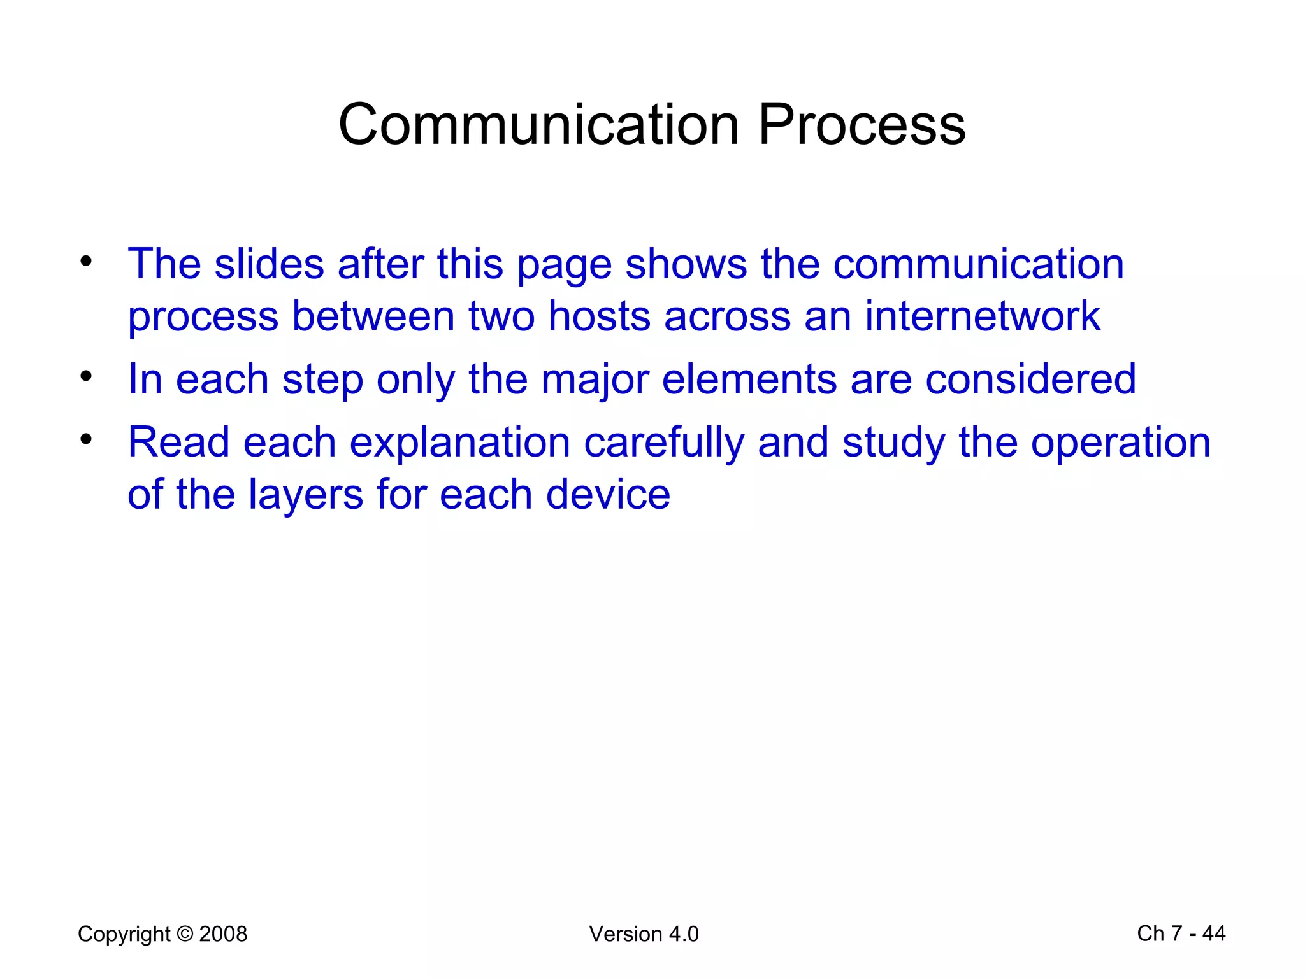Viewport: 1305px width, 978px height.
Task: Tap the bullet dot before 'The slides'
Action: [86, 261]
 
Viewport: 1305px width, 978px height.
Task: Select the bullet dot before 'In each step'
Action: [86, 376]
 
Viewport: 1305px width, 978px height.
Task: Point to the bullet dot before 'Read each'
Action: [86, 439]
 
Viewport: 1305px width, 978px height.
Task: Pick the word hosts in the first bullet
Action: [599, 316]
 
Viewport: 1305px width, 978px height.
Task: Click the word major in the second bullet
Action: [595, 379]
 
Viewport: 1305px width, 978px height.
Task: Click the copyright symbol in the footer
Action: [185, 934]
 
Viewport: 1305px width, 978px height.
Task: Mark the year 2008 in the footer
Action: [223, 934]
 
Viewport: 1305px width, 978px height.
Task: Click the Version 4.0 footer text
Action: [644, 934]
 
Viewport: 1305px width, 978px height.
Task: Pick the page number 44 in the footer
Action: [1213, 933]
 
